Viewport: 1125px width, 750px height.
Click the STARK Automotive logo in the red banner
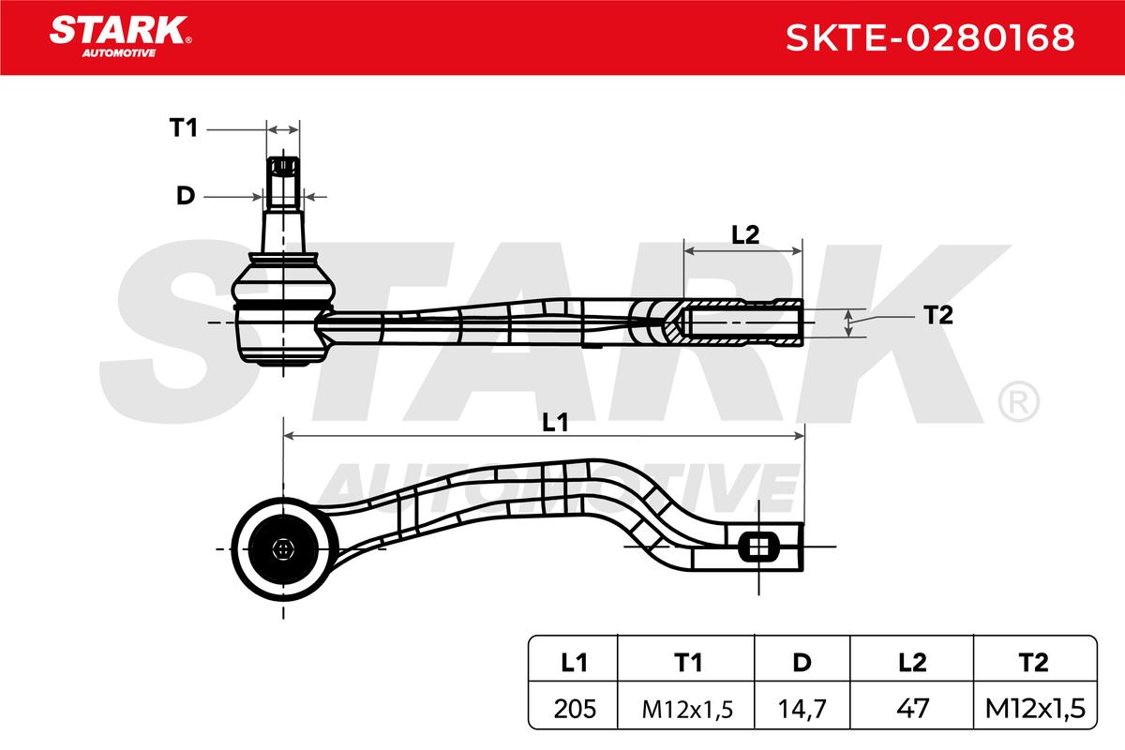pyautogui.click(x=120, y=37)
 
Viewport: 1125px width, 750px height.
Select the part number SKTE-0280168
pyautogui.click(x=930, y=37)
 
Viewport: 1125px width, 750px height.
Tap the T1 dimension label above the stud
pyautogui.click(x=184, y=127)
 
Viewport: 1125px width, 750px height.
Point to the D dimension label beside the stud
pyautogui.click(x=186, y=195)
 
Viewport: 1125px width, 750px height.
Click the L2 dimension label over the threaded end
pyautogui.click(x=745, y=234)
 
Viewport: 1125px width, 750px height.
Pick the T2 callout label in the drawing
pyautogui.click(x=938, y=316)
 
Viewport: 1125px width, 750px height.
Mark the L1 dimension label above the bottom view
pyautogui.click(x=555, y=423)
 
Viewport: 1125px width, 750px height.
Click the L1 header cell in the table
pyautogui.click(x=574, y=663)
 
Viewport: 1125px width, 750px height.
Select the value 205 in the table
pyautogui.click(x=575, y=709)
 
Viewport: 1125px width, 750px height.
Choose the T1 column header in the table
pyautogui.click(x=688, y=663)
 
